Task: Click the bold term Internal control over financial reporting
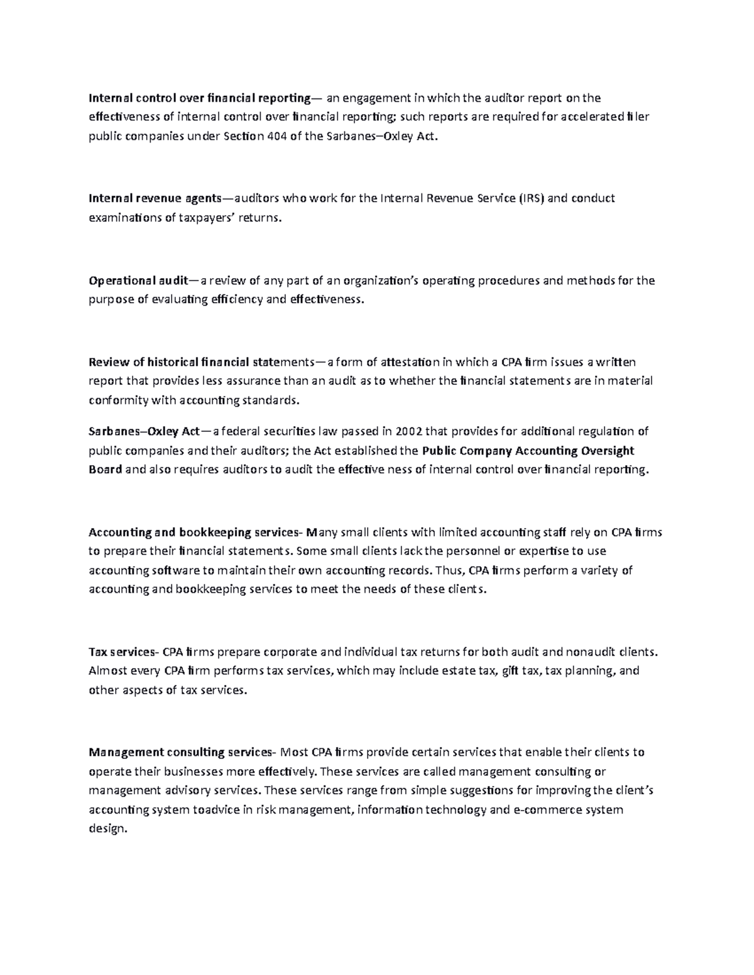coord(199,98)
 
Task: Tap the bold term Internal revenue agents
coord(155,198)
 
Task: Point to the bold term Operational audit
coord(143,281)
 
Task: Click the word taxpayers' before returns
coord(210,218)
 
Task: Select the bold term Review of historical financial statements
coord(200,362)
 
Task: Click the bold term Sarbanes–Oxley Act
coord(144,431)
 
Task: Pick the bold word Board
coord(105,470)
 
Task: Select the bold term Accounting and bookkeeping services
coord(195,533)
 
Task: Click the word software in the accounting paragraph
coord(175,571)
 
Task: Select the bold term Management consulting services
coord(182,753)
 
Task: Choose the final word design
coord(107,829)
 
